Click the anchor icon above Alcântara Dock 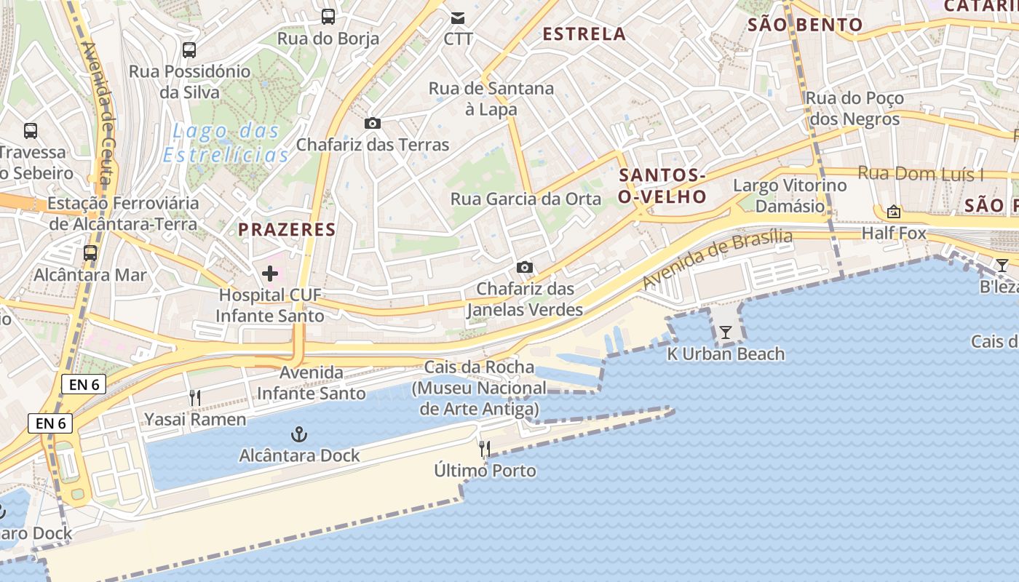pos(298,435)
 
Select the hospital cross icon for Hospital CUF pos(270,274)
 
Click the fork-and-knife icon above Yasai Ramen pos(194,398)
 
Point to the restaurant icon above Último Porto pos(485,449)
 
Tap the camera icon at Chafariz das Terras pos(372,124)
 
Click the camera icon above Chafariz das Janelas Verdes pos(524,268)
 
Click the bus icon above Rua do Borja pos(328,16)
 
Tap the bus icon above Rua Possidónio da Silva pos(189,50)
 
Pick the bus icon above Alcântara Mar pos(90,253)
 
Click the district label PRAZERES pos(287,230)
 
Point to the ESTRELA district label pos(584,33)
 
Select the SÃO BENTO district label pos(805,25)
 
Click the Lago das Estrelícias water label pos(226,143)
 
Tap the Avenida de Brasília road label pos(718,258)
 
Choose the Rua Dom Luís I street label pos(920,174)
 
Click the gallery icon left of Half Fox pos(893,212)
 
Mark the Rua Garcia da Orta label pos(526,199)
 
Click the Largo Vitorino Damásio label pos(790,196)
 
